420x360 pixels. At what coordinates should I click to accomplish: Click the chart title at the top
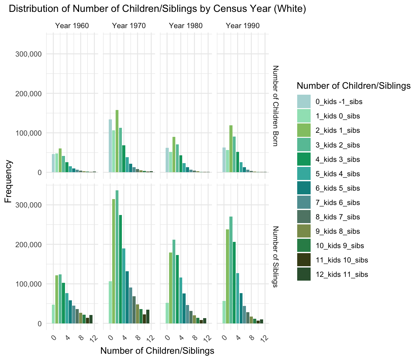click(x=157, y=9)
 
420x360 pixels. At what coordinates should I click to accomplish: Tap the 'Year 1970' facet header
click(x=129, y=26)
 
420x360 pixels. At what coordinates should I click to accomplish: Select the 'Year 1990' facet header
click(x=242, y=26)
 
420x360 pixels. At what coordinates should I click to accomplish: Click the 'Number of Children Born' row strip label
click(x=275, y=106)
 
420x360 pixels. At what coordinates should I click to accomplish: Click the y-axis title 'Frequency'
click(x=8, y=181)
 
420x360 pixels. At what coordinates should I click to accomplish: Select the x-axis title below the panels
click(x=157, y=351)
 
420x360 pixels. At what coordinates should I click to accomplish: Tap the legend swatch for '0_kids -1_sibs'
click(x=304, y=102)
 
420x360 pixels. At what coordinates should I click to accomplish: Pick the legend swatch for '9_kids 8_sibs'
click(x=304, y=231)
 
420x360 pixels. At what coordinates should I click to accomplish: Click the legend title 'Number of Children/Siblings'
click(x=353, y=86)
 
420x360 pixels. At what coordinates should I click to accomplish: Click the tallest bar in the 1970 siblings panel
click(x=117, y=256)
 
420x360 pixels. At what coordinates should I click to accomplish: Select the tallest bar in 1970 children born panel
click(x=117, y=141)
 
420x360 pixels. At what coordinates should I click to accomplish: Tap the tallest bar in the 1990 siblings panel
click(x=231, y=270)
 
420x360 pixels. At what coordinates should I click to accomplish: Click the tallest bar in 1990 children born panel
click(x=231, y=149)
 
